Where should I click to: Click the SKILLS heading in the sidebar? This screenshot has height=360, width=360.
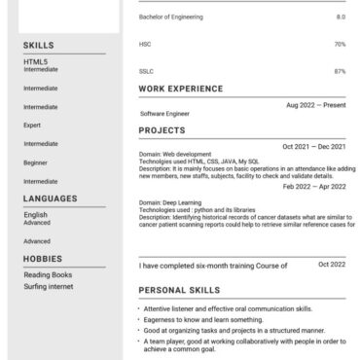[39, 46]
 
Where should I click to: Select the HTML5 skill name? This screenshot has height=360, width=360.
[35, 62]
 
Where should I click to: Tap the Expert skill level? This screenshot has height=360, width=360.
[32, 126]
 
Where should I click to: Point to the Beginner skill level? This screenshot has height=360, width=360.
[35, 162]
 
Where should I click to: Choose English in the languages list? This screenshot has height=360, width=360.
[35, 215]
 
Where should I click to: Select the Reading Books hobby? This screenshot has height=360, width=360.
[48, 274]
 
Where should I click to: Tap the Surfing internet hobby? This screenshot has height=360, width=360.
[49, 285]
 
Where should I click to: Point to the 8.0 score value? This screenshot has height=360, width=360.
[341, 18]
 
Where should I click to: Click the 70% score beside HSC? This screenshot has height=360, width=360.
[340, 44]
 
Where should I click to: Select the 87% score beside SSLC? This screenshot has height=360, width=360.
[340, 71]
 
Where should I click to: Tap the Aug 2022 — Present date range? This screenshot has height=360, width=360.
[315, 105]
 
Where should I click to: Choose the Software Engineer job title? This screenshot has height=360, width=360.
[164, 114]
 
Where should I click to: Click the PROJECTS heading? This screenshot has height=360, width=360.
[161, 129]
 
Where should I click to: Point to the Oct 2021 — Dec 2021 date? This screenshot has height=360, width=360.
[313, 146]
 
